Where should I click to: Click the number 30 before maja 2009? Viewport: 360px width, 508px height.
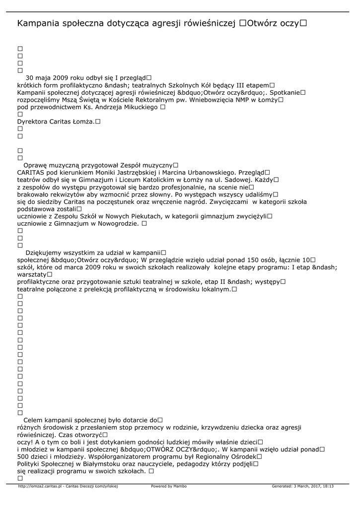(30, 78)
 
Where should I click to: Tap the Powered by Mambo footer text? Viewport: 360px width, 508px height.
(169, 486)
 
